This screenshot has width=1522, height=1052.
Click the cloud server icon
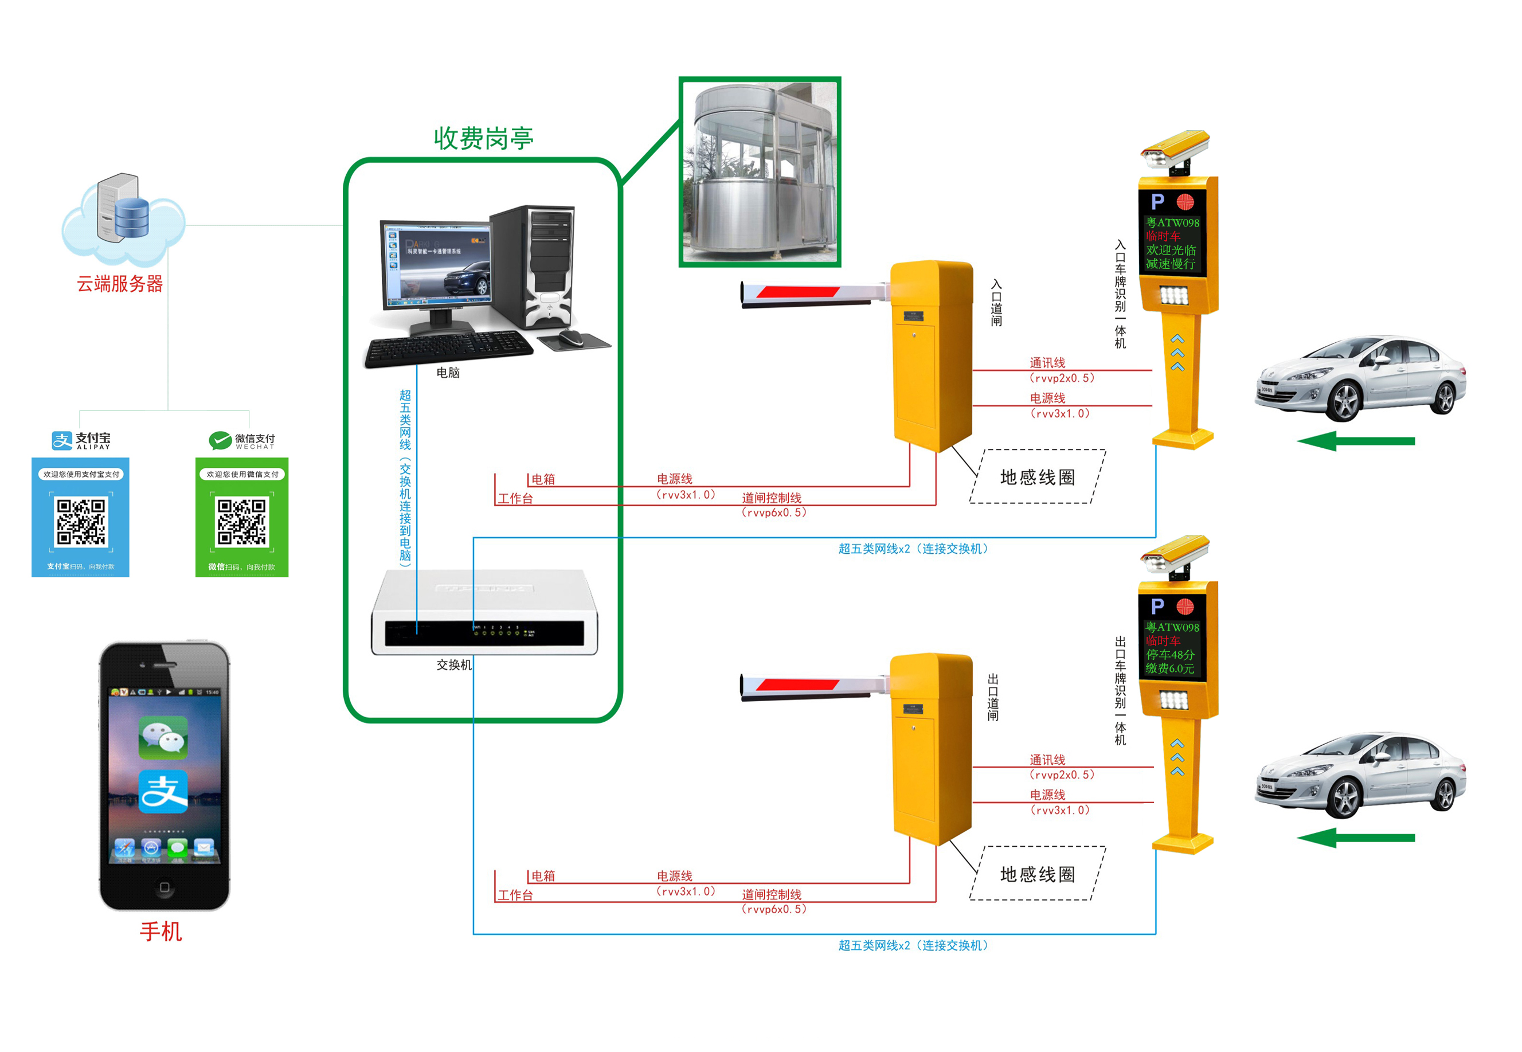(124, 214)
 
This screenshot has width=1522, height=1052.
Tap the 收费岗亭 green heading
(483, 138)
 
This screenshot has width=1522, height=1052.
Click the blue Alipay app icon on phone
(163, 792)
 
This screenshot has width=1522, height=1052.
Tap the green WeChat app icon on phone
(163, 737)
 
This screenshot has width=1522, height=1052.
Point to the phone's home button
(164, 887)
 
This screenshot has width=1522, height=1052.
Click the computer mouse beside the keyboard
(572, 338)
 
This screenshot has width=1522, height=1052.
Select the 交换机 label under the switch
(453, 665)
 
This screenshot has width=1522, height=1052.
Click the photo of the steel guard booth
(760, 172)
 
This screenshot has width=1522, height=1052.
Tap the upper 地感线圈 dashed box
(1038, 476)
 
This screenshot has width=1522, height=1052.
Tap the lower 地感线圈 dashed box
(1038, 873)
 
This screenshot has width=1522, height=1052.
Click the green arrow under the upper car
(1355, 441)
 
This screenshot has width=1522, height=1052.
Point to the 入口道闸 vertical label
(996, 303)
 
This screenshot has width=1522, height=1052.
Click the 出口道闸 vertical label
(993, 697)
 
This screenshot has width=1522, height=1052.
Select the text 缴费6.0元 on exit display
(1170, 668)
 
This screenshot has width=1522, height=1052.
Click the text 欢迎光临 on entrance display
(1171, 250)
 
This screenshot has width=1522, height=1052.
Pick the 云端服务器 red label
(119, 284)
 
